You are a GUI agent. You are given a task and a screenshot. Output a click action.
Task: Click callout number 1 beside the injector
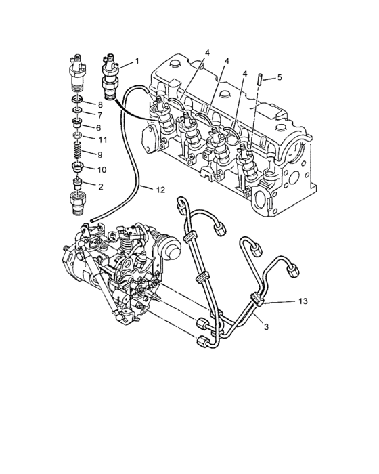137,62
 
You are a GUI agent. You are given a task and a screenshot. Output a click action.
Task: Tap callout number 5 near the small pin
280,77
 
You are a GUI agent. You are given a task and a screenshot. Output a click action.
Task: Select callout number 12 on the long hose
160,190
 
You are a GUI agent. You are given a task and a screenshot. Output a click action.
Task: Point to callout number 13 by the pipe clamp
303,301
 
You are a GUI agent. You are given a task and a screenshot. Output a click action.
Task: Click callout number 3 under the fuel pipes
266,327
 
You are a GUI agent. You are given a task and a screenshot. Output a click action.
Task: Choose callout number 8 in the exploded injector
99,105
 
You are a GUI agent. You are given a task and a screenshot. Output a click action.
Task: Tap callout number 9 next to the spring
100,155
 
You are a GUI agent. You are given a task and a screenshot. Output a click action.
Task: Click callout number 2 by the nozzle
101,186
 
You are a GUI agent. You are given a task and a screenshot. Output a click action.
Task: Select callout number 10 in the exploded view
102,170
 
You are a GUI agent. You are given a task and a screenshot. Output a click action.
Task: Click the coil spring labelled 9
78,150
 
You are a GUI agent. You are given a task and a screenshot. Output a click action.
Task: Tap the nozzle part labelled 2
78,184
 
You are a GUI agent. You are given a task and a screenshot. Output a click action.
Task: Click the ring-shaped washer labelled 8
77,98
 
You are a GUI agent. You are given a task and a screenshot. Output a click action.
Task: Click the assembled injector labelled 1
110,77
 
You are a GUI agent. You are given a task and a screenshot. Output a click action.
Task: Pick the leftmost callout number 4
206,53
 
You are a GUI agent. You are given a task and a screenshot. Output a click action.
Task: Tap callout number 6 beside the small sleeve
98,128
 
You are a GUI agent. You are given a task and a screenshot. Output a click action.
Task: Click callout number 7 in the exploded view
99,115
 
